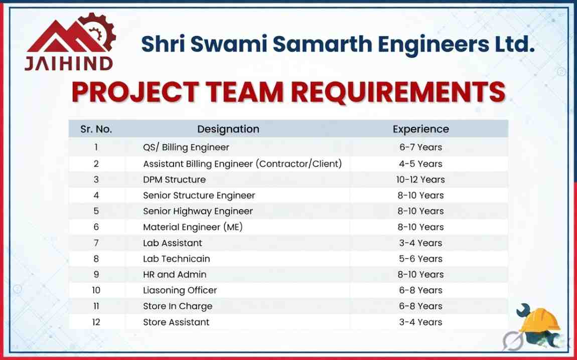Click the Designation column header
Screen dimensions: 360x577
point(228,129)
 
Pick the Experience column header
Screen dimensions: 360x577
point(420,129)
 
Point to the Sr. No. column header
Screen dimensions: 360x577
point(96,129)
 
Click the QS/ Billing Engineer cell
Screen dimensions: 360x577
point(186,147)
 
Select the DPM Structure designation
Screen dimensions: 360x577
point(174,179)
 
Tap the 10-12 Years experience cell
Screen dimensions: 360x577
point(421,179)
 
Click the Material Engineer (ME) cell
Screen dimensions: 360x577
point(193,227)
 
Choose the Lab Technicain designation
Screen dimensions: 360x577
point(177,259)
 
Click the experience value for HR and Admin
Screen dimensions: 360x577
point(421,275)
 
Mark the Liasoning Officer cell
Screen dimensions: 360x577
point(180,290)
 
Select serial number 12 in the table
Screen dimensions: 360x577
point(96,322)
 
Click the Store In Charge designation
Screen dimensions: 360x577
point(178,306)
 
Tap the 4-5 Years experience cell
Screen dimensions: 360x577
point(421,163)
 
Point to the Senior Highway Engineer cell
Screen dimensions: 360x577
point(198,211)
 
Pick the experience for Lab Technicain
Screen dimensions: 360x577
point(421,259)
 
